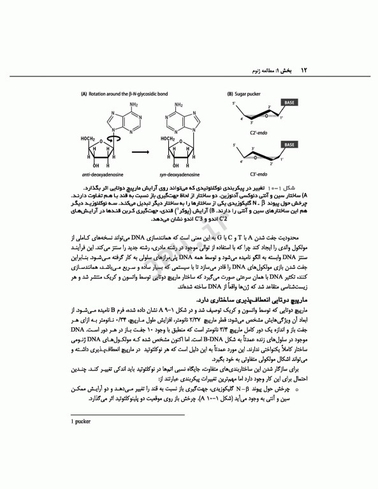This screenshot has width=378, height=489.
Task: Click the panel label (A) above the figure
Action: pyautogui.click(x=84, y=94)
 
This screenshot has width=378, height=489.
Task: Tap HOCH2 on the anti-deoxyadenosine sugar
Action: pyautogui.click(x=89, y=138)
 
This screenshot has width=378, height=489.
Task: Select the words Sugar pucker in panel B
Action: pyautogui.click(x=250, y=94)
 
